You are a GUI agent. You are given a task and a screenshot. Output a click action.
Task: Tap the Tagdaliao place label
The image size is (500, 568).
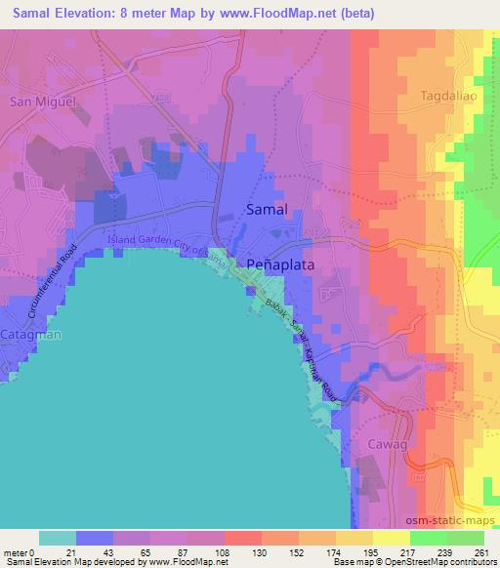tap(447, 97)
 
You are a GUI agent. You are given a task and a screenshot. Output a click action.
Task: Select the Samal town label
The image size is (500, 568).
tap(266, 211)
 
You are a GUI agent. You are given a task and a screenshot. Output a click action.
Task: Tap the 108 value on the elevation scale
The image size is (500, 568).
tap(206, 552)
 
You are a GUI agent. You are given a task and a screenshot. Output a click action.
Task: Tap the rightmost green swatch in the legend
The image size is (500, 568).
tap(465, 538)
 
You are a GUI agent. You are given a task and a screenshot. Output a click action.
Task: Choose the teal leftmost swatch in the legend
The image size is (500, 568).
tap(58, 538)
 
